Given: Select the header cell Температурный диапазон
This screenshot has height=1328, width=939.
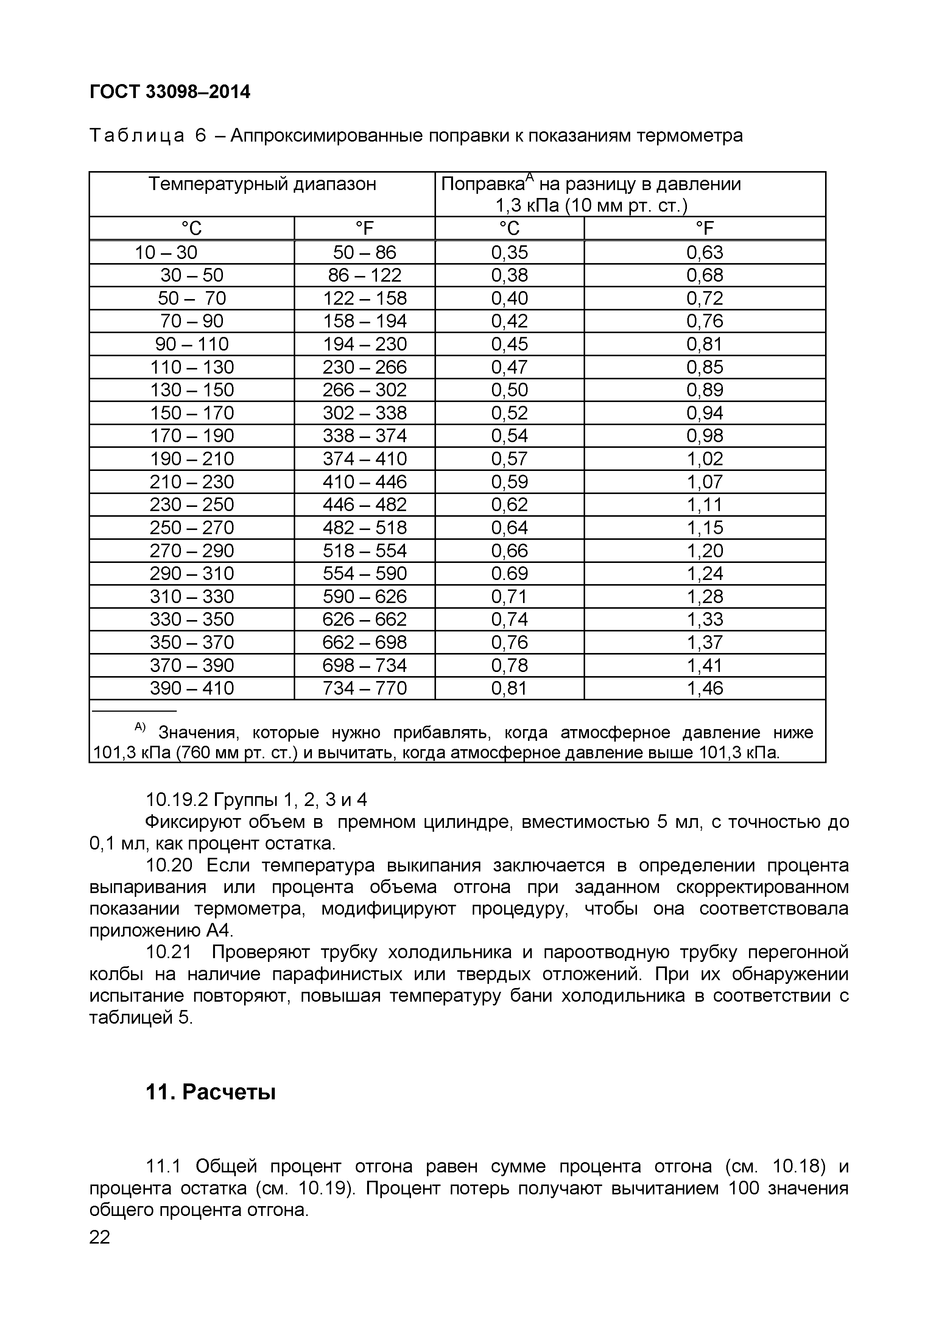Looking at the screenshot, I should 262,184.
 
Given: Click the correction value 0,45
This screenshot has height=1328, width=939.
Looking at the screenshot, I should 509,344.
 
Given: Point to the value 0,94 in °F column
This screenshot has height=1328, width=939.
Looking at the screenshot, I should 704,413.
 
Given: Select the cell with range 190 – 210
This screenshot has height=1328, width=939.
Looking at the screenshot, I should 192,459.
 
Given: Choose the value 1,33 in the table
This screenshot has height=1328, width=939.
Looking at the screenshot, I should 704,619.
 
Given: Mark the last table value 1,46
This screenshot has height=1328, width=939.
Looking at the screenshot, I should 704,688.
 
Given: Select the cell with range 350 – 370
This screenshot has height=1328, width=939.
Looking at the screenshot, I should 192,642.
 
